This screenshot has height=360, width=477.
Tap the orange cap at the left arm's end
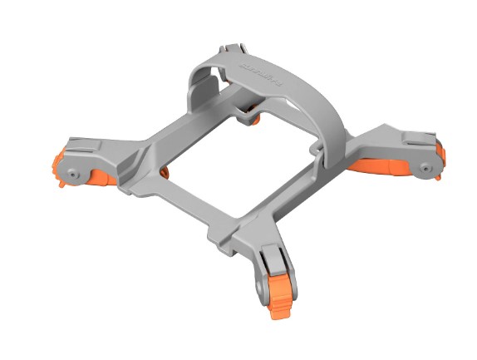click(x=59, y=165)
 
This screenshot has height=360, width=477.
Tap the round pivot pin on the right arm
click(x=425, y=169)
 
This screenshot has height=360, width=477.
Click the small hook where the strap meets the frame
click(x=317, y=149)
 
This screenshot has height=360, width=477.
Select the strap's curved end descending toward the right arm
click(x=336, y=133)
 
